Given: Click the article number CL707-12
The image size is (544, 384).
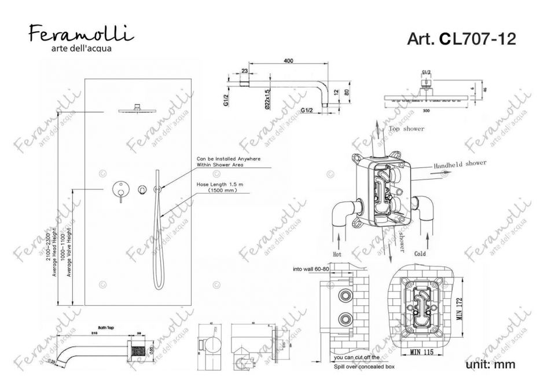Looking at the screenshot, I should point(461,38).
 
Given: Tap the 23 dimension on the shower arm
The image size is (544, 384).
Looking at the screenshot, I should point(245,71).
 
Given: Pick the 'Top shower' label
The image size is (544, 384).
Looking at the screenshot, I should point(406,129).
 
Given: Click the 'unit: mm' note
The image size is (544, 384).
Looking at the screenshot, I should point(490,365).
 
